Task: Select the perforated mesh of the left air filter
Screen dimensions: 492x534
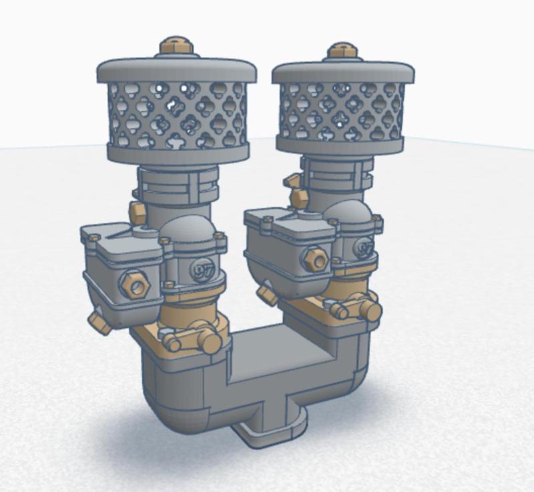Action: pos(177,113)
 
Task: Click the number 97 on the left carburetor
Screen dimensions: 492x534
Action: pos(200,269)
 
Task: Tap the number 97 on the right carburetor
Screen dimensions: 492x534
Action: pos(364,249)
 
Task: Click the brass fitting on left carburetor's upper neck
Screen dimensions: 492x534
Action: pos(138,213)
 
